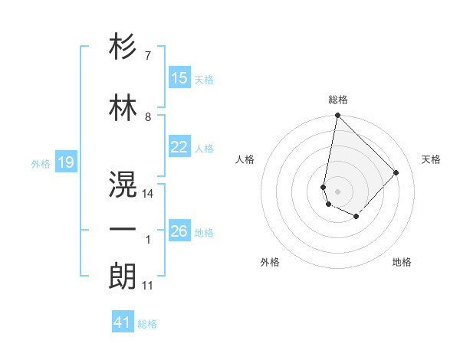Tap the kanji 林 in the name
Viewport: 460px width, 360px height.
coord(123,108)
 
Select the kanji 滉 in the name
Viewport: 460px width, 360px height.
coord(123,185)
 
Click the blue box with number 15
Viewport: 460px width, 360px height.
coord(179,78)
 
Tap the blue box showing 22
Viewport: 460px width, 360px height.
coord(179,147)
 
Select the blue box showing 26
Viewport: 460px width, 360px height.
coord(179,231)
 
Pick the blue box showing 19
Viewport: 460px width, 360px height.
coord(65,162)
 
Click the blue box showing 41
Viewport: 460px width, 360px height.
coord(123,322)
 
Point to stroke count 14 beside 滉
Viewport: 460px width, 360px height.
coord(148,194)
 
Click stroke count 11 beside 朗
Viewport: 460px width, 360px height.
coord(148,286)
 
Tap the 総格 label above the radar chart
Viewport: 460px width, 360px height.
coord(337,100)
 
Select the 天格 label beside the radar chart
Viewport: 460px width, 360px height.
coord(431,159)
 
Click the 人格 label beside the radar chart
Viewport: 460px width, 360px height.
coord(245,159)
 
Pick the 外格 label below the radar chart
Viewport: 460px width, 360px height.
coord(270,262)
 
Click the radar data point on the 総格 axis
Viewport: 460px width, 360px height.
coord(337,116)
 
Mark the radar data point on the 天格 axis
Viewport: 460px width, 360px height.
coord(396,172)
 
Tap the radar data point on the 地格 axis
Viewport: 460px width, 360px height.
coord(356,218)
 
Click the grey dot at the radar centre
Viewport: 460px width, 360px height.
coord(337,191)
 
